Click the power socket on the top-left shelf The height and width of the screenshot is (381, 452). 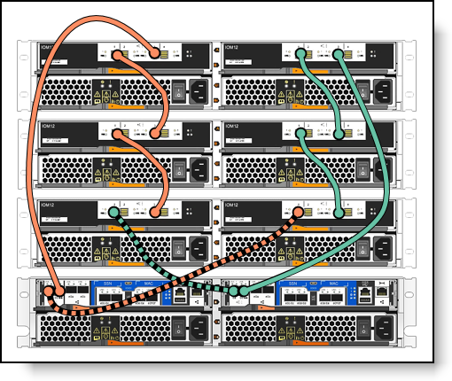pos(199,89)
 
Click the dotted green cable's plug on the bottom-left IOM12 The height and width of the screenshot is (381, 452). pos(114,213)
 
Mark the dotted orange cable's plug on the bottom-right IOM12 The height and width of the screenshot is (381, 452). pos(300,213)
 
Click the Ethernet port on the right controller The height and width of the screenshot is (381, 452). pos(364,291)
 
